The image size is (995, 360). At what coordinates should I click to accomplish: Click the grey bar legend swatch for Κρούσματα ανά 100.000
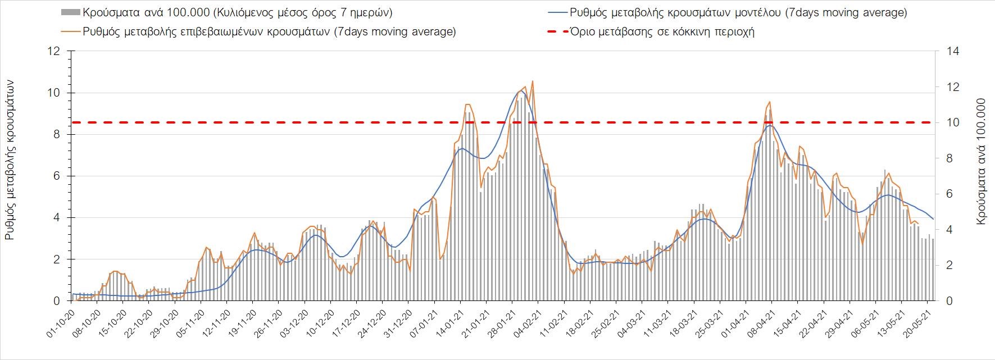pos(70,12)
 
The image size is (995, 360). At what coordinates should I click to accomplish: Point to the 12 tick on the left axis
pos(54,51)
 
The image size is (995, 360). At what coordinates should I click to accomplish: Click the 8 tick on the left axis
pos(57,134)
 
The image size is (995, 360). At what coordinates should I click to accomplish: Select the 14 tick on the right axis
pos(950,51)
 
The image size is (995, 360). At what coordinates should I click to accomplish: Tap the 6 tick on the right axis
pos(947,194)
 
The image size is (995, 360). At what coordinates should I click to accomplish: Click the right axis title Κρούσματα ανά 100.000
pos(982,163)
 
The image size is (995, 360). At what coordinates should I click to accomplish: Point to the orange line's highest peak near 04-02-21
pos(532,81)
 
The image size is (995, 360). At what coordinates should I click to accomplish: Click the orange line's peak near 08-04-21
pos(769,102)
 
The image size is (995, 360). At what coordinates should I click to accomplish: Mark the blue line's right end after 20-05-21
pos(933,219)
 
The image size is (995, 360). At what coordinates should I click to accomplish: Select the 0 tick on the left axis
pos(57,301)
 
